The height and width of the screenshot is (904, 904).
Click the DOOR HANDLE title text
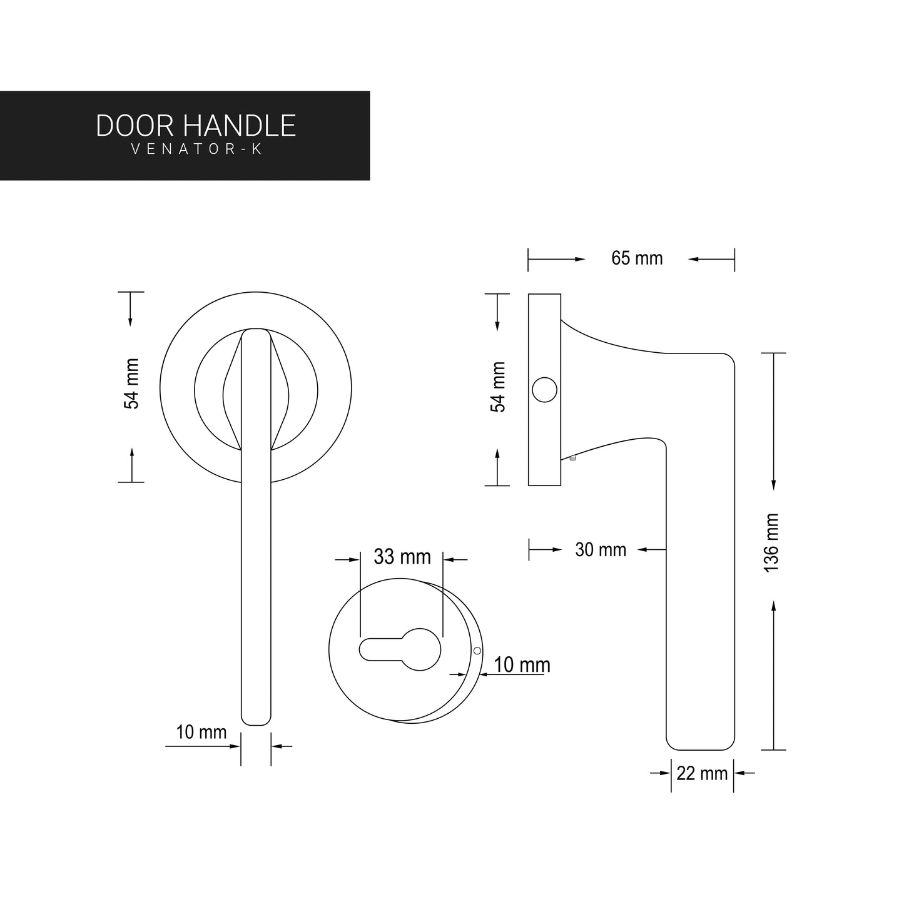tap(196, 126)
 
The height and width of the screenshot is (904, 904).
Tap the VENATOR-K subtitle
tap(196, 150)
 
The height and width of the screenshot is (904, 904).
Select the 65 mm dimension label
tap(636, 258)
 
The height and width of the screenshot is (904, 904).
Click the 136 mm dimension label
tap(771, 542)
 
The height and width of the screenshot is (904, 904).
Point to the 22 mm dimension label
tap(702, 773)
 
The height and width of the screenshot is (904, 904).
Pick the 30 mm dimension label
tap(600, 550)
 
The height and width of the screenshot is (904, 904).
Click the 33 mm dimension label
tap(402, 556)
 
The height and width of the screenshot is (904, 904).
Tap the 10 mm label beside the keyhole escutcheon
tap(522, 665)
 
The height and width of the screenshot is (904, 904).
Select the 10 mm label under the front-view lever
tap(201, 732)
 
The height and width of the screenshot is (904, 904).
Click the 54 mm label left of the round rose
tap(132, 384)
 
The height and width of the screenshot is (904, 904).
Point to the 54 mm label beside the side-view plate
tap(498, 387)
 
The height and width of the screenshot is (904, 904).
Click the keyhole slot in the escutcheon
tap(400, 649)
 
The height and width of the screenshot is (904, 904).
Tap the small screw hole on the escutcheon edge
tap(477, 651)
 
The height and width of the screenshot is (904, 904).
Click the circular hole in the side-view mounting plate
tap(544, 390)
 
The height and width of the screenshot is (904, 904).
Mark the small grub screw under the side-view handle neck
tap(572, 459)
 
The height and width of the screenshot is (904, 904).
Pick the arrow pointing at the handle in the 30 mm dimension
tap(651, 549)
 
